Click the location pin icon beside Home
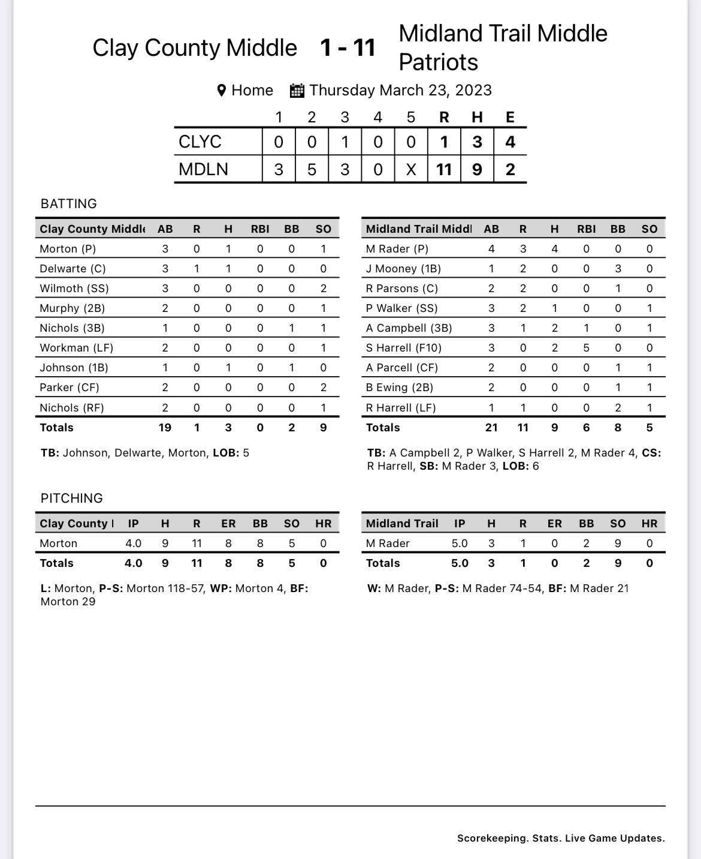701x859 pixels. tap(221, 91)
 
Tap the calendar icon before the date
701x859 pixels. tap(297, 91)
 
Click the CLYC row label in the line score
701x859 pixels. tap(200, 142)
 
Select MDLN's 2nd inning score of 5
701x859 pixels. tap(312, 169)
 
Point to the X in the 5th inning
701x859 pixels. tap(410, 169)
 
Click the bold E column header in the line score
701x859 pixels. tap(510, 117)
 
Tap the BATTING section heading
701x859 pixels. tap(68, 204)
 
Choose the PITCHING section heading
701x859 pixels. tap(71, 498)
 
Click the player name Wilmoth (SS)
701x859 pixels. tap(74, 289)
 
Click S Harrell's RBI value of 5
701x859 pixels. tap(586, 348)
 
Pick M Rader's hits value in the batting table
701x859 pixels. tap(554, 249)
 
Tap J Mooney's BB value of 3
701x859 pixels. tap(618, 269)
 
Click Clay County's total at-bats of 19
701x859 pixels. tap(165, 428)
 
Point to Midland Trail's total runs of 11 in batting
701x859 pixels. tap(522, 428)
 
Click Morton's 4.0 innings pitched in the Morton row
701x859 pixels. tap(133, 543)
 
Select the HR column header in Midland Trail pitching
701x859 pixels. tap(649, 524)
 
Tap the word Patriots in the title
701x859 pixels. tap(438, 62)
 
